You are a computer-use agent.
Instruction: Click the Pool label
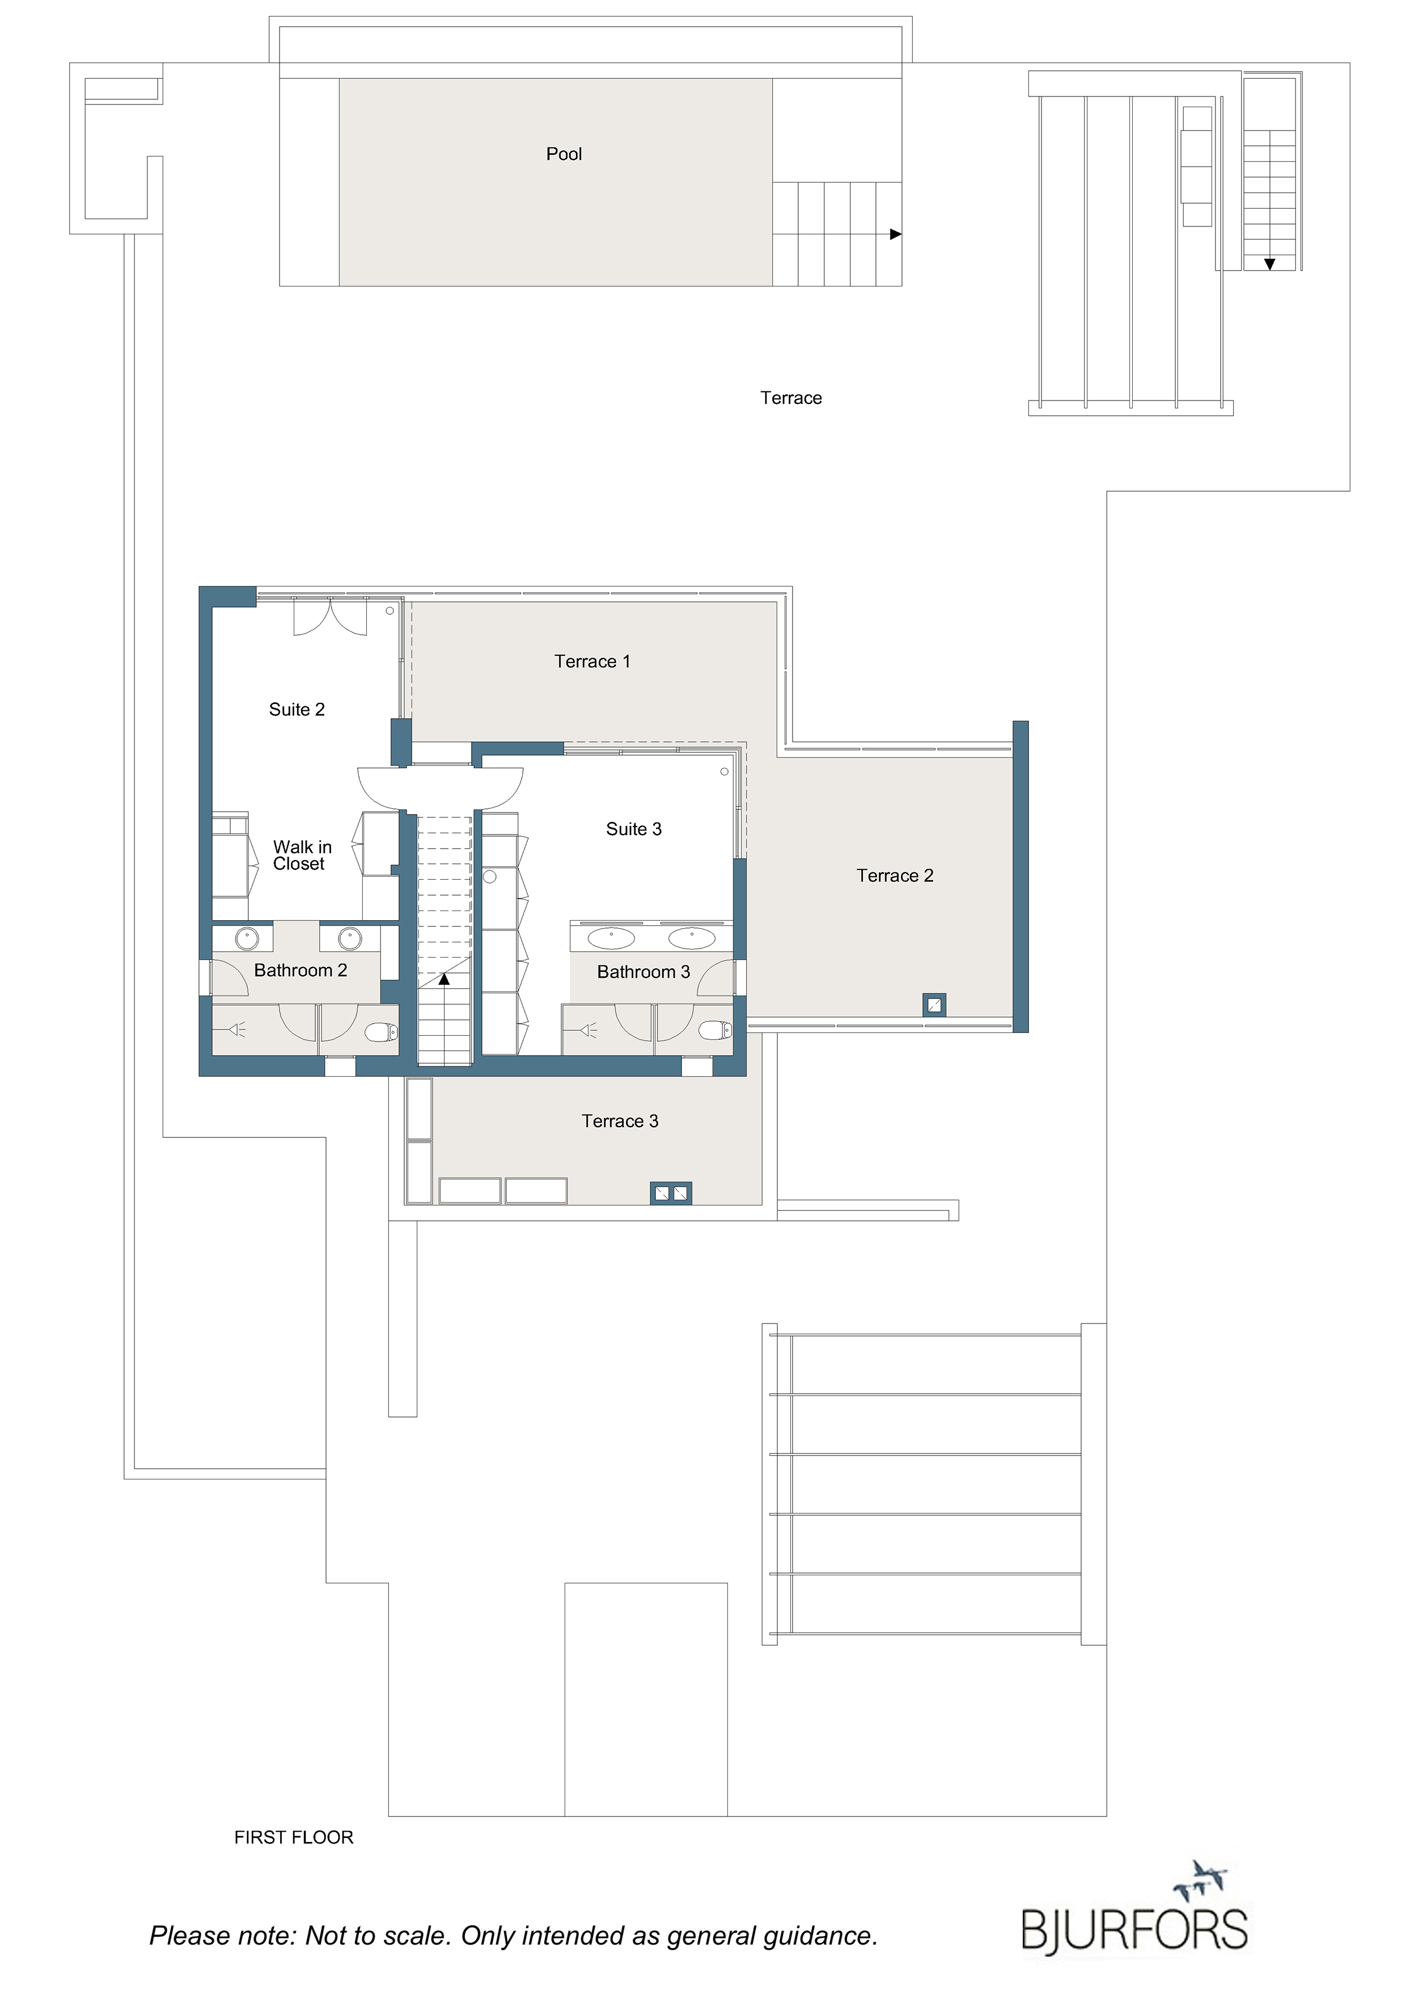(564, 154)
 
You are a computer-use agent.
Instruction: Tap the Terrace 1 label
(592, 661)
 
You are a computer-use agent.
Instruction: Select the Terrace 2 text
(895, 875)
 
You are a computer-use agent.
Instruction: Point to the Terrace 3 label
(620, 1121)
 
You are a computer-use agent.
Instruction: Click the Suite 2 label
(297, 709)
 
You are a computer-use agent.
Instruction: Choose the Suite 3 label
(634, 829)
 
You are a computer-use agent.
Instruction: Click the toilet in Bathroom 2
(381, 1031)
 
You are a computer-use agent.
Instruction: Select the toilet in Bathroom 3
(715, 1030)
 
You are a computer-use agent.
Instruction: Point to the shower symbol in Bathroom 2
(236, 1030)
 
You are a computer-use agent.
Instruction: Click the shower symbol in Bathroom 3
(588, 1030)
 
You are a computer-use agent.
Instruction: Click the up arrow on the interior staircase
(444, 979)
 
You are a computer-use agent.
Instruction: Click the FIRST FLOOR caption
(294, 1837)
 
